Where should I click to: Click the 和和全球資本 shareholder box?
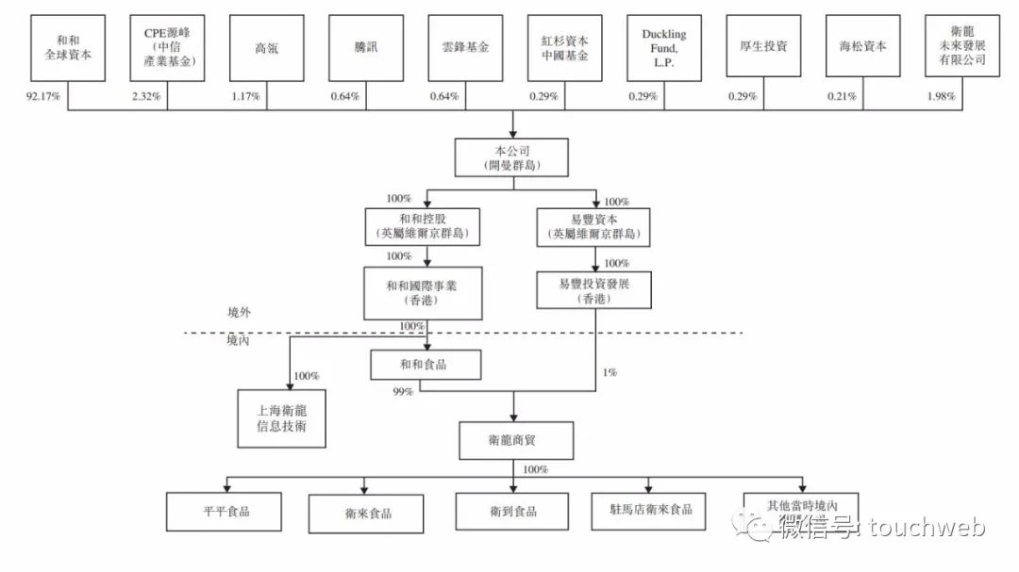click(x=69, y=47)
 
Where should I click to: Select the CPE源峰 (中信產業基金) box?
click(x=168, y=47)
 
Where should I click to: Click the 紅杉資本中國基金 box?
click(x=564, y=47)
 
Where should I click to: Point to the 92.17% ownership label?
click(x=44, y=96)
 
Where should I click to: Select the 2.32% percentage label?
click(x=147, y=96)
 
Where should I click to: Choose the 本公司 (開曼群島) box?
click(x=512, y=157)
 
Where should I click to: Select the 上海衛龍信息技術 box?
click(x=281, y=418)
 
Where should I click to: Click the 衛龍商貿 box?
click(x=515, y=440)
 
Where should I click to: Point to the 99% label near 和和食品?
click(x=402, y=391)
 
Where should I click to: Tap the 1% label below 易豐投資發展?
click(x=610, y=372)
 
